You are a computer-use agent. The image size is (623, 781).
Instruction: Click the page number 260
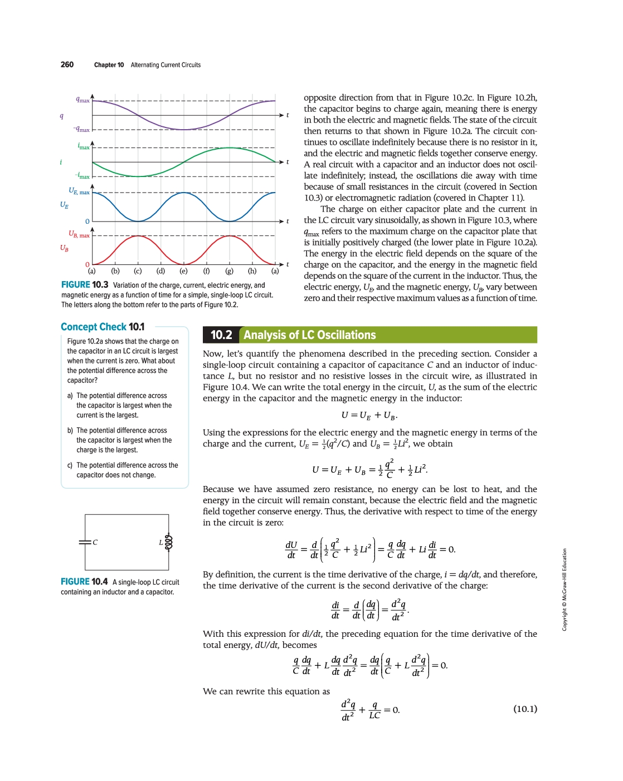[x=67, y=65]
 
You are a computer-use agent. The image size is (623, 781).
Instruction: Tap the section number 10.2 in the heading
[x=221, y=335]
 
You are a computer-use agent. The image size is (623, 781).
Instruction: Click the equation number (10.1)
[x=525, y=709]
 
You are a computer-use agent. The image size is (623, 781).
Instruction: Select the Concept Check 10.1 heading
[x=103, y=327]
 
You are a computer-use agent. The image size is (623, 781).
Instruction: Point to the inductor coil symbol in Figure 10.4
[x=169, y=542]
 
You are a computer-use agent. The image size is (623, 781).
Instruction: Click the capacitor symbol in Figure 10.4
[x=85, y=542]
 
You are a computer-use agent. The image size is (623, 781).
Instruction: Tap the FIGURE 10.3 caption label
[x=85, y=285]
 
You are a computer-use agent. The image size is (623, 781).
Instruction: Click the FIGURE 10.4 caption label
[x=84, y=582]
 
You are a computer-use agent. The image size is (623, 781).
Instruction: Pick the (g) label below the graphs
[x=229, y=271]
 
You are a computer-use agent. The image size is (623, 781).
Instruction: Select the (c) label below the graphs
[x=138, y=271]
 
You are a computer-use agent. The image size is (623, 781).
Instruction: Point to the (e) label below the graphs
[x=183, y=271]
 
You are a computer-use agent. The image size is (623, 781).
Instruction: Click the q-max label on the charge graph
[x=82, y=100]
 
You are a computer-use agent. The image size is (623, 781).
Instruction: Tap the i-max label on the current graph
[x=84, y=146]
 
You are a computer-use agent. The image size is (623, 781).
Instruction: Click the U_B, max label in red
[x=79, y=234]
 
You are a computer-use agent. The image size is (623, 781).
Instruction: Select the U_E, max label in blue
[x=79, y=191]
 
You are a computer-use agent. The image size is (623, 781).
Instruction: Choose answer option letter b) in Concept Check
[x=70, y=430]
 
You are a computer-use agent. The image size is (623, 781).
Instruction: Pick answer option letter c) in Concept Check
[x=70, y=465]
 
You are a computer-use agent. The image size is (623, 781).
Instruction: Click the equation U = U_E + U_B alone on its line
[x=369, y=415]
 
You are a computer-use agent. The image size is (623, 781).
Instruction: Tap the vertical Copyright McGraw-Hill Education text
[x=564, y=590]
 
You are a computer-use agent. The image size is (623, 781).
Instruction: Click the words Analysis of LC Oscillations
[x=310, y=335]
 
